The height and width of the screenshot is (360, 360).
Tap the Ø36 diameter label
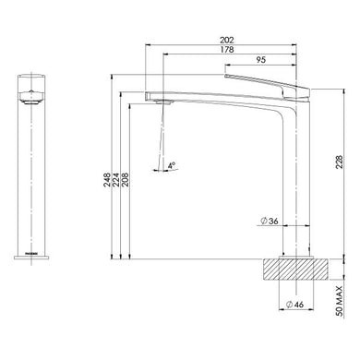pyautogui.click(x=269, y=222)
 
